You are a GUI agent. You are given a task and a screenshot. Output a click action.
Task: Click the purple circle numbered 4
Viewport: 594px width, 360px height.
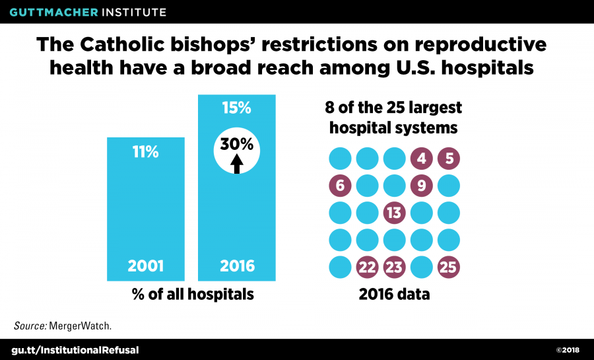tap(422, 159)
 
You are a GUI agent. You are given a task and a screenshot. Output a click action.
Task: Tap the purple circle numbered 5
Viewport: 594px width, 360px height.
tap(449, 159)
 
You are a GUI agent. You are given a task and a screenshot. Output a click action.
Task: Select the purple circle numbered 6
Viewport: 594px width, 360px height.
tap(341, 186)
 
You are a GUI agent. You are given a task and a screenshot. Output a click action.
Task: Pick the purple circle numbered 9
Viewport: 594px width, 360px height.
tap(422, 186)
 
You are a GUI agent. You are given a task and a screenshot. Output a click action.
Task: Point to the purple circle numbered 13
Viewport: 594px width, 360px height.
tap(395, 213)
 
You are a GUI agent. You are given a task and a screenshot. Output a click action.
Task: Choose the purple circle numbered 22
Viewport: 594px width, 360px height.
tap(368, 268)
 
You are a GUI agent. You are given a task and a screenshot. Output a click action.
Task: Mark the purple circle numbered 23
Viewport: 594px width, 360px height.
tap(395, 268)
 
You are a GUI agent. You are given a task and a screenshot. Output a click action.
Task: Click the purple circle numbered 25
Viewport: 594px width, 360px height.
tap(449, 268)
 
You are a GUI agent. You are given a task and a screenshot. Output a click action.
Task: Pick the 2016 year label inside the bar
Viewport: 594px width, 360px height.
tap(236, 268)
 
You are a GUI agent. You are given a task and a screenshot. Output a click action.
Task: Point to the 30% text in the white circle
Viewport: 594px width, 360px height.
tap(236, 144)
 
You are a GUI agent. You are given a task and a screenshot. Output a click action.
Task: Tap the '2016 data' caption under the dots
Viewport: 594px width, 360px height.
tap(394, 295)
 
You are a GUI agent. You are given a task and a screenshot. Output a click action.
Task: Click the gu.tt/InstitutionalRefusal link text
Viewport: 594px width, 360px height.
tap(77, 349)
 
